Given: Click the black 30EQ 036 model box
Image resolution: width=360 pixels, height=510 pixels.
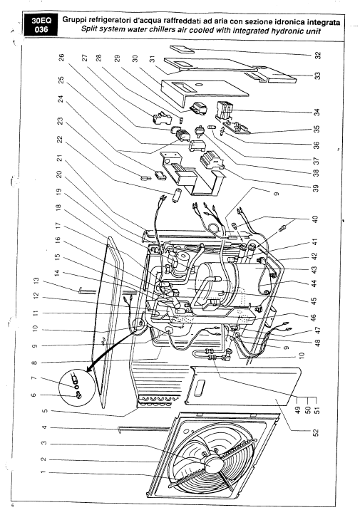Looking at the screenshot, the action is pos(40,25).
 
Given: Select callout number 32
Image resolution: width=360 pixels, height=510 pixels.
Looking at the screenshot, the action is pos(318,56).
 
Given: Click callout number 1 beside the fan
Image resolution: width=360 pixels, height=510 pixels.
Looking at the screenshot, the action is pos(43,472).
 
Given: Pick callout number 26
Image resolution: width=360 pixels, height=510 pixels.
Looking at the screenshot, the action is pos(61,58).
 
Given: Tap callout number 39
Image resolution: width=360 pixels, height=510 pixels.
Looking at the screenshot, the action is pos(316,188).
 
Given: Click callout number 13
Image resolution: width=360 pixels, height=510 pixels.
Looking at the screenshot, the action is pos(36,281).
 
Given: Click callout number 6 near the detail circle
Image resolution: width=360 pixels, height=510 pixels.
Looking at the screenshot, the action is pos(34,395).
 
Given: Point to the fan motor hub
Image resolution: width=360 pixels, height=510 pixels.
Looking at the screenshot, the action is pos(210,463).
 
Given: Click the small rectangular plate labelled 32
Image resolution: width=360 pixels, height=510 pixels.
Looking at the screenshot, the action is pos(182,48).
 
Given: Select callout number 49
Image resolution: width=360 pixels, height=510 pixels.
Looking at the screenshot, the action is pos(298,409).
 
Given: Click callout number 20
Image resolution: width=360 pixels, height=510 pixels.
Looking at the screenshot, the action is pos(59,175).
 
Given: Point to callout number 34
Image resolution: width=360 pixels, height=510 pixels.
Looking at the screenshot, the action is pos(318,113).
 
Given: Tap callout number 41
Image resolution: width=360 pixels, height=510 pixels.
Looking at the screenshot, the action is pos(315,242).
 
